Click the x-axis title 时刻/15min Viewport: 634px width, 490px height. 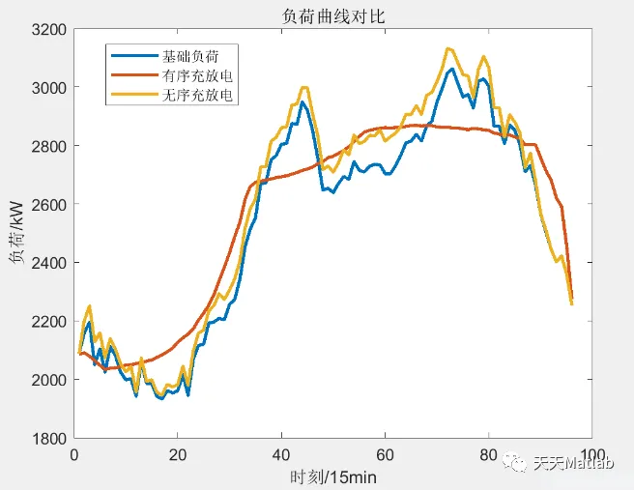333,476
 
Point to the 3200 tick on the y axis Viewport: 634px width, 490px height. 49,30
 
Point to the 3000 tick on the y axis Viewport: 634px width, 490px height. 49,88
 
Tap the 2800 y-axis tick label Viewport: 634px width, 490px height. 49,146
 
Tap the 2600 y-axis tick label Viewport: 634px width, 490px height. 49,205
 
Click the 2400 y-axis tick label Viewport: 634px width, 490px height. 49,263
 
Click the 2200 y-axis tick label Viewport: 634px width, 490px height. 49,321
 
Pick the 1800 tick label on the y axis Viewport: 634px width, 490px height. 49,438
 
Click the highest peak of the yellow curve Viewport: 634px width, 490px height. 447,48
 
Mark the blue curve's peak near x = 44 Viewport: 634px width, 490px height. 303,101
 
